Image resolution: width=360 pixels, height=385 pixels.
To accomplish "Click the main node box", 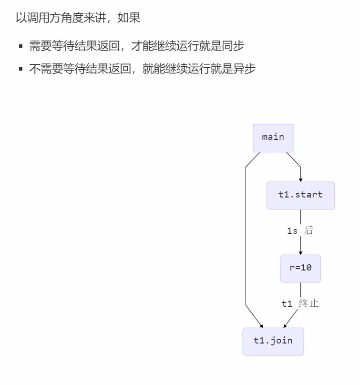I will point(273,138).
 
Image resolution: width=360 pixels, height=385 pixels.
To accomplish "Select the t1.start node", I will point(300,195).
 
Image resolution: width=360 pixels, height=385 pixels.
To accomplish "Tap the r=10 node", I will point(300,268).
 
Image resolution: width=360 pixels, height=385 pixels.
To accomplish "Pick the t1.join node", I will point(273,341).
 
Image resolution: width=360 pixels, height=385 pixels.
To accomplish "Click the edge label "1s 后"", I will point(300,231).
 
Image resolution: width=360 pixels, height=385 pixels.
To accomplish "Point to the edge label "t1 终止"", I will point(300,303).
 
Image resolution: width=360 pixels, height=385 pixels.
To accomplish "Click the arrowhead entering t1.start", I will point(301,179).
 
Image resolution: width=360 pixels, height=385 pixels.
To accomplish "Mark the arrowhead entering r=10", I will point(301,252).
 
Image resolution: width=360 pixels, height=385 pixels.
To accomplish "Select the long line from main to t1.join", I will point(246,239).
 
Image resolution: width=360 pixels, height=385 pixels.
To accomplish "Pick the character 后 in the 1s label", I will point(309,231).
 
